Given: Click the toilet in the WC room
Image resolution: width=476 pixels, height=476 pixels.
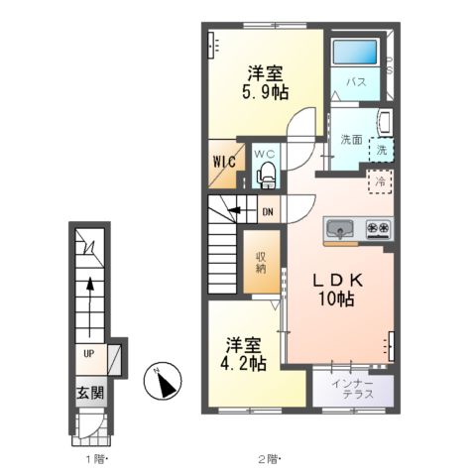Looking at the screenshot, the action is click(266, 175).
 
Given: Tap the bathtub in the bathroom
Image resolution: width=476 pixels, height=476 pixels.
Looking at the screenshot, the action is click(355, 52).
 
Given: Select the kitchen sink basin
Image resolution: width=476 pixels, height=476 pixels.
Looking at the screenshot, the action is click(339, 229).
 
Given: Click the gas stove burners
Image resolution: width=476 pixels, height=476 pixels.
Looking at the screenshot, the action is click(378, 228).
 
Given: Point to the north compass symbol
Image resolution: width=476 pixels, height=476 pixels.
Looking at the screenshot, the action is click(163, 381).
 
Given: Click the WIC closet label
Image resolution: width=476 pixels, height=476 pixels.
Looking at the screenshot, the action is click(224, 162).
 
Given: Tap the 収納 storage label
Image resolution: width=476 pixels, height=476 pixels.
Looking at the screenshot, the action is click(261, 263).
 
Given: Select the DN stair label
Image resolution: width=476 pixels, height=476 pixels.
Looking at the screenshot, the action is click(268, 212).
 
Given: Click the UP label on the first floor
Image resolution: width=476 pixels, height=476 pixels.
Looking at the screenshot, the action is click(88, 354).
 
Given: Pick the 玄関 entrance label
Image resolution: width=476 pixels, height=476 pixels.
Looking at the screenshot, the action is click(90, 393).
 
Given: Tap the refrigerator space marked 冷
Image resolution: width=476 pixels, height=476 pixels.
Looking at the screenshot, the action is click(381, 181).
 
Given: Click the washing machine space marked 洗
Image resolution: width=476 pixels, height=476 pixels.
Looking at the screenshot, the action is click(382, 150).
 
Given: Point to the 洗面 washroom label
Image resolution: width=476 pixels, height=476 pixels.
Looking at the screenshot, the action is click(351, 140).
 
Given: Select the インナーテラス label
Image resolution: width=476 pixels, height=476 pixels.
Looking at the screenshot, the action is click(353, 389).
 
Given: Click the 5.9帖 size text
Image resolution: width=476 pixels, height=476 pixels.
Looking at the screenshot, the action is click(265, 92).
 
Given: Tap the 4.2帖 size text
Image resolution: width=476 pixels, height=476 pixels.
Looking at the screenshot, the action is click(243, 364).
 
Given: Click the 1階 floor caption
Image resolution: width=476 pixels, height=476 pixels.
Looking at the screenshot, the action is click(96, 459).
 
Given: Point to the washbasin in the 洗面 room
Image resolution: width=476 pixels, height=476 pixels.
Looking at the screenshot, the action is click(385, 124).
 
